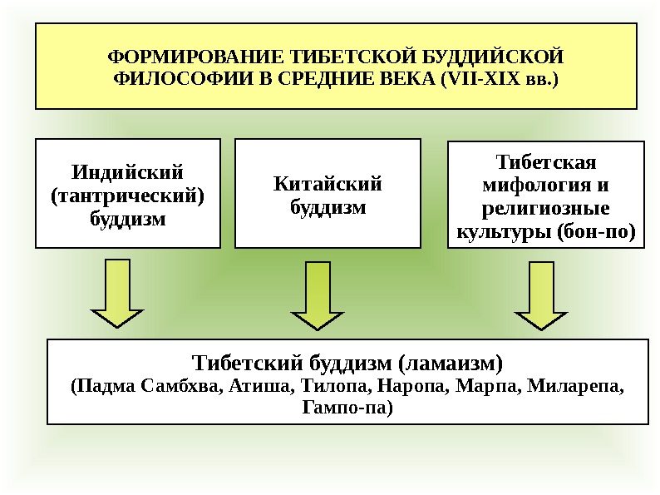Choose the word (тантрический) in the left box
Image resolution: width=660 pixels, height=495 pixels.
127,197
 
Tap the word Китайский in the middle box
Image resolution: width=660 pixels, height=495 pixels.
328,184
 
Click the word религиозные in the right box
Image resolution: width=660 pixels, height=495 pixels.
546,206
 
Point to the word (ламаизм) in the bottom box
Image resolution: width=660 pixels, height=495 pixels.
450,364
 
